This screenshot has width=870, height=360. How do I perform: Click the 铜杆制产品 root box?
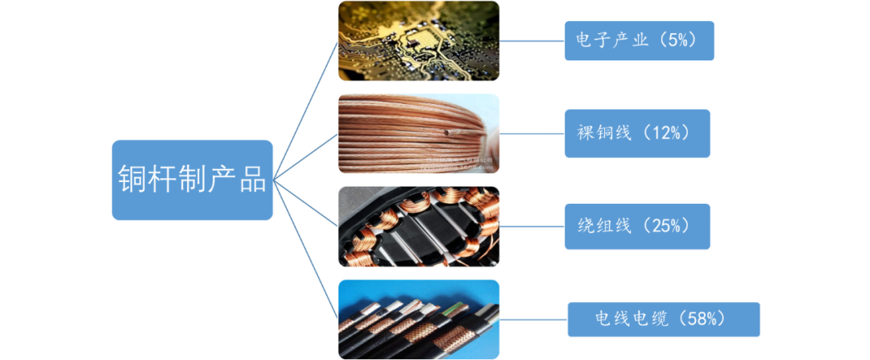[x=192, y=180]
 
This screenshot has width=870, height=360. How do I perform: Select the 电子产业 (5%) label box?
[x=639, y=40]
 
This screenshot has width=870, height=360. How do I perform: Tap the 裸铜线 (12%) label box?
[x=637, y=133]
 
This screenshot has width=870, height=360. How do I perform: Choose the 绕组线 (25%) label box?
[x=637, y=226]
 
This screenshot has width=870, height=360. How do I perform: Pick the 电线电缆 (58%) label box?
[x=664, y=320]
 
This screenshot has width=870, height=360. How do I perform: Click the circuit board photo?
[x=418, y=41]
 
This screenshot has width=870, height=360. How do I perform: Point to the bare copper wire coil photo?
[x=418, y=133]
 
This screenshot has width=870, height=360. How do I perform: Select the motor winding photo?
[x=418, y=226]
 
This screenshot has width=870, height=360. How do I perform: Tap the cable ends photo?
[x=418, y=319]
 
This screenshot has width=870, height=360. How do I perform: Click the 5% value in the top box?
[x=677, y=41]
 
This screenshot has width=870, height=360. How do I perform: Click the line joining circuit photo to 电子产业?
[x=532, y=41]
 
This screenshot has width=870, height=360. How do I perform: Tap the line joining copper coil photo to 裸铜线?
[x=532, y=134]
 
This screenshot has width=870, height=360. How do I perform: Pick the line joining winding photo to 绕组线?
[x=532, y=226]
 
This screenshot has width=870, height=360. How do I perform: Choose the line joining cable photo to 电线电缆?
[x=533, y=320]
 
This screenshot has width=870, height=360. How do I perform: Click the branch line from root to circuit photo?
[x=306, y=109]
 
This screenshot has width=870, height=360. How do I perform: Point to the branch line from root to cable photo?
[x=306, y=250]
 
